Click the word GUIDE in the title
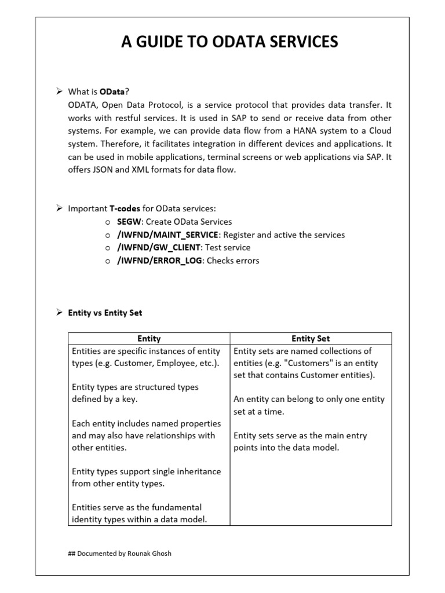tap(160, 42)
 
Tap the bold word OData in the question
tap(112, 91)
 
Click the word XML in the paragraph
tap(149, 170)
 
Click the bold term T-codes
tap(125, 208)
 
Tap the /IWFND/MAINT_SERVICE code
tap(168, 235)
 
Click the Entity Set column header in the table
tap(311, 339)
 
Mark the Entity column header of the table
tap(149, 339)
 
